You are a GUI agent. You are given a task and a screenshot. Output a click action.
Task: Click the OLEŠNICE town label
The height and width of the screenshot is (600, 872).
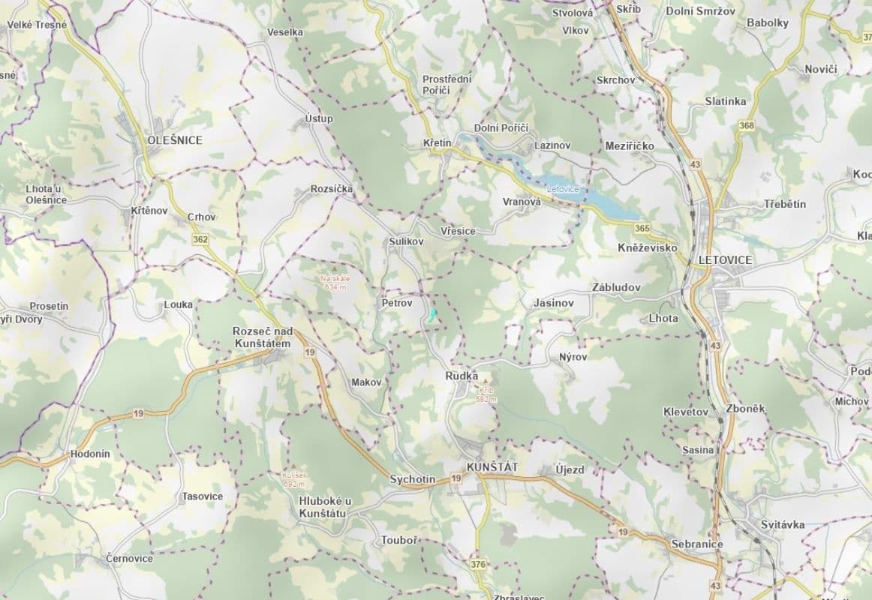(x=175, y=140)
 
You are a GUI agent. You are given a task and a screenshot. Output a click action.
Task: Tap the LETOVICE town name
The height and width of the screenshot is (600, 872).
(x=724, y=260)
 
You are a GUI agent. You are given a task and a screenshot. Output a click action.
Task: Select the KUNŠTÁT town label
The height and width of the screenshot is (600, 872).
(x=492, y=467)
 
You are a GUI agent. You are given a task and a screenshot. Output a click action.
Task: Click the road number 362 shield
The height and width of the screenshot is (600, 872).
(x=200, y=239)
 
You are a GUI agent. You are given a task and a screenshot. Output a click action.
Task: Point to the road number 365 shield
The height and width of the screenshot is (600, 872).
(x=641, y=228)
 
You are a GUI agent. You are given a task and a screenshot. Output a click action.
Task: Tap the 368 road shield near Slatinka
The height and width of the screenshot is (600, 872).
(x=746, y=125)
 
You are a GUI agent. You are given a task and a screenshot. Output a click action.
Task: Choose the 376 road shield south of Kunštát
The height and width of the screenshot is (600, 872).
(x=479, y=563)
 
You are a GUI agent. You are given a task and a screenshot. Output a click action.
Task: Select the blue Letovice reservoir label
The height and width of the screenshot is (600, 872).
(x=563, y=189)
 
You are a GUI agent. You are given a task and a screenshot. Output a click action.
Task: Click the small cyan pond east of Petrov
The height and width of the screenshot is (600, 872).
(x=432, y=315)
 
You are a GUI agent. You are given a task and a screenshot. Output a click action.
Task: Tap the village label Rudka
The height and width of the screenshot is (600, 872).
(x=462, y=376)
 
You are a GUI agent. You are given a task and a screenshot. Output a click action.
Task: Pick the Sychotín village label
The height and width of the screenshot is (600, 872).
(x=412, y=479)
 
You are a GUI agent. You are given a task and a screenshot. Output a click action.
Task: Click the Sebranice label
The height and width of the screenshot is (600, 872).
(x=697, y=544)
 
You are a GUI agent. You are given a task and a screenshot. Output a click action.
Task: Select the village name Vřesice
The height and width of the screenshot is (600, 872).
(x=458, y=231)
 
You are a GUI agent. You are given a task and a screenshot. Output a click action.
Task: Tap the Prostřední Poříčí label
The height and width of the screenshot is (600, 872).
(x=447, y=85)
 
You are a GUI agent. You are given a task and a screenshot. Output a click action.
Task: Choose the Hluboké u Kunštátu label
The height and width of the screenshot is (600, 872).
(x=325, y=507)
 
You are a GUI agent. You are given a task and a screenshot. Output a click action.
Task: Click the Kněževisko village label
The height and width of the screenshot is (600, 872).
(x=648, y=247)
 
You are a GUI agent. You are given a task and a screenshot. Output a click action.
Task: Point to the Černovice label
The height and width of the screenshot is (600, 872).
(x=129, y=559)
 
